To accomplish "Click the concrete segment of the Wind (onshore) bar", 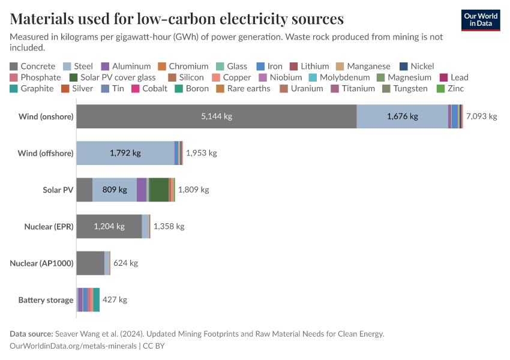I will [x=216, y=116].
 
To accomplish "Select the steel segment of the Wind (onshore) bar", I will [x=402, y=116].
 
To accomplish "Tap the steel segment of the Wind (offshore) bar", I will [x=125, y=153].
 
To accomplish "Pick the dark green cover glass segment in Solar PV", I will [x=159, y=190].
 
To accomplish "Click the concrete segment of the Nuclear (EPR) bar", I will [x=109, y=226].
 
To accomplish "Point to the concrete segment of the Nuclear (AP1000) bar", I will [x=90, y=263].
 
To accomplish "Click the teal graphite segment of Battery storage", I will [x=97, y=299].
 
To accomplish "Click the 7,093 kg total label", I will [x=481, y=116].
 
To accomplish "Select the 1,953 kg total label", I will [x=201, y=153].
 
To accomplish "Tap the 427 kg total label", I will [x=115, y=299].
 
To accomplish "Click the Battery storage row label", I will [x=46, y=299].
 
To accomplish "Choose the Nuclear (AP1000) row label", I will [x=41, y=263].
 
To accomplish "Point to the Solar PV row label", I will [x=58, y=190].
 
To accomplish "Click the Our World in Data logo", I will [x=480, y=20].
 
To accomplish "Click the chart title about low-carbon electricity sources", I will [x=177, y=19].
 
